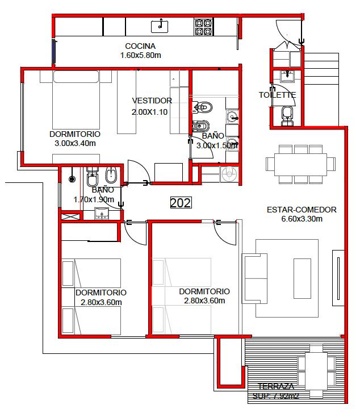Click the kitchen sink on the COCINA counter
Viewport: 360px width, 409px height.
point(160,26)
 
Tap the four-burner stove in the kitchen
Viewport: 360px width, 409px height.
point(203,27)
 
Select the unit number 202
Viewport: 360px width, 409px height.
point(181,202)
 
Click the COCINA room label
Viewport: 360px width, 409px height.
point(140,46)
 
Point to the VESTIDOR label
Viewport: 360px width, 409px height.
point(152,101)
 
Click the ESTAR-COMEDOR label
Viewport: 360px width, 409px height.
point(302,210)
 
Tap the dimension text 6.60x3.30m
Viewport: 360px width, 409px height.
point(302,219)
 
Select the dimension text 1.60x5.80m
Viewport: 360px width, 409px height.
point(140,55)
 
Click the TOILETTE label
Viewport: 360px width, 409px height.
point(277,95)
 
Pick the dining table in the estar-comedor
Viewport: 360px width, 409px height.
point(300,165)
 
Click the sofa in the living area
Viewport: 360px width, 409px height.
point(254,278)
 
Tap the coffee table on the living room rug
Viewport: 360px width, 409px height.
point(302,278)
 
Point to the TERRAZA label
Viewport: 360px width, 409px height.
point(276,386)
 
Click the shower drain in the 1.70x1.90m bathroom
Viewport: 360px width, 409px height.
point(72,179)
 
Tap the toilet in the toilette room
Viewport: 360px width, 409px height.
point(287,116)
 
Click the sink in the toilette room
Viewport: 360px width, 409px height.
point(287,76)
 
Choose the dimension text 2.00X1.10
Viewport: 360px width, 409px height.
point(149,112)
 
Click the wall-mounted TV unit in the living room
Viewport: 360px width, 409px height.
point(338,278)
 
